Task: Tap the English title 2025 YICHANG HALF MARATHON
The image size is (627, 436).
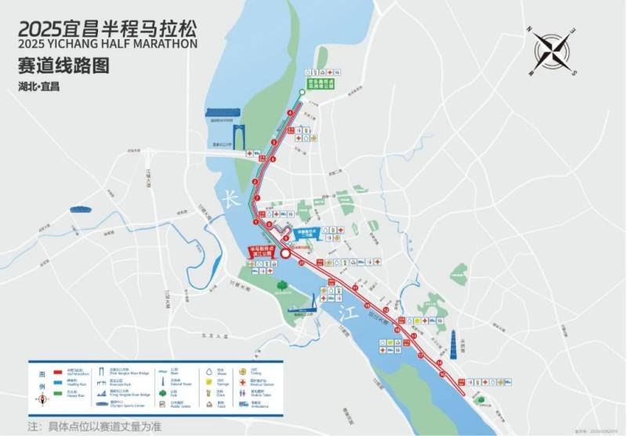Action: pos(109,44)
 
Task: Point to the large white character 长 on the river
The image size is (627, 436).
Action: pos(230,198)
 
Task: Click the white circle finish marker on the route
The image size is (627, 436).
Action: pos(286,253)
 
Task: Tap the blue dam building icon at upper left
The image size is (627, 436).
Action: pos(225,113)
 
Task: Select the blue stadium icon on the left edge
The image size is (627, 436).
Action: pos(80,209)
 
